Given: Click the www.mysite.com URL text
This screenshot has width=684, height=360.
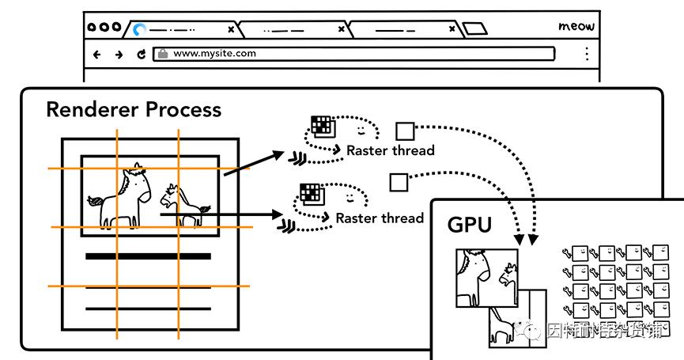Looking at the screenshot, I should pos(214,54).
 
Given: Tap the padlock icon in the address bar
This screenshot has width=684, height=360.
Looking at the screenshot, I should pos(162,54).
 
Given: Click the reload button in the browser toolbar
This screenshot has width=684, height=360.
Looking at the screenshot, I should pos(142,55).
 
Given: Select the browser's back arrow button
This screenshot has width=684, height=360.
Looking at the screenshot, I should pos(96,55).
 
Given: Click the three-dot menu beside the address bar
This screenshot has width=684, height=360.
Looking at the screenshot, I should pos(586,54).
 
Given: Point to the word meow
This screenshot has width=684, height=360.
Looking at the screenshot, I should pos(576,27).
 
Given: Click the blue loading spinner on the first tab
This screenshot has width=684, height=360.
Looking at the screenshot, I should pos(140,30).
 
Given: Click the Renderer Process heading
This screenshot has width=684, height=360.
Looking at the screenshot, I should pos(133,109).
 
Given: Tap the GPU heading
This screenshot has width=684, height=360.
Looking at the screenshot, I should pos(470,225).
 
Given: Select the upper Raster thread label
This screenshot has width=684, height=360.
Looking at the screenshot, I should pos(391,150).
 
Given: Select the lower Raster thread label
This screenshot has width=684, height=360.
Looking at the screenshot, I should pos(380,217).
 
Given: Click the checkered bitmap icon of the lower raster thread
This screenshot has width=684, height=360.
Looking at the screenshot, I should pos(310,193).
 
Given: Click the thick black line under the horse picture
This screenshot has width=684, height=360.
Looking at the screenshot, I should pos(148,256).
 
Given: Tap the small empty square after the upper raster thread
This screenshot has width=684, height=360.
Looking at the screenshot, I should pos(405,131).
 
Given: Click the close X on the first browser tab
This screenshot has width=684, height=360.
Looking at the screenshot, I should pos(231,29).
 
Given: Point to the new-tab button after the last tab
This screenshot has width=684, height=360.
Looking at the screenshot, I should pos(474,29).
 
